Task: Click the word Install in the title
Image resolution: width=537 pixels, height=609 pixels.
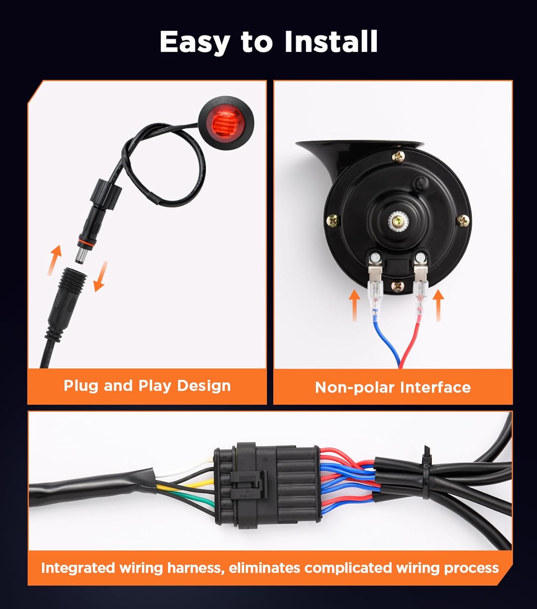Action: (x=331, y=41)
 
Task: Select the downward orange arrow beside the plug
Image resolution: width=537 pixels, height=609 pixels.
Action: (x=100, y=276)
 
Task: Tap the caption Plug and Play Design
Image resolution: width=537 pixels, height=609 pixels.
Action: (x=147, y=385)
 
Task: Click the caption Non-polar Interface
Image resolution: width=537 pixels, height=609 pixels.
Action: (x=393, y=387)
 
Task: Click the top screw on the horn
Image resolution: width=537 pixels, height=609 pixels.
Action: (x=398, y=156)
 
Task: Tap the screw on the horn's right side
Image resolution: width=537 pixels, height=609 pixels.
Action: (x=463, y=221)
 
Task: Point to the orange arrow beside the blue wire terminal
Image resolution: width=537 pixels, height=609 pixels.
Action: (x=354, y=304)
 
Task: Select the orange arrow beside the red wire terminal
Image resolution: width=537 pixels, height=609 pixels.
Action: (x=438, y=304)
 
